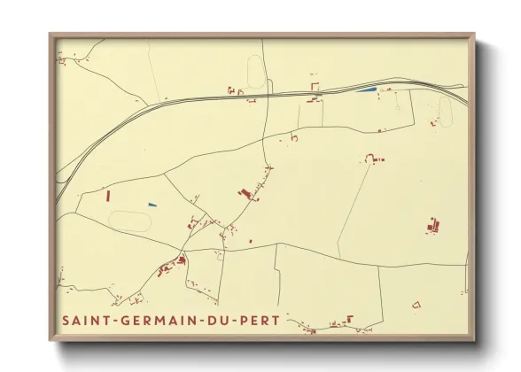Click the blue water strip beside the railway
coord(365,89)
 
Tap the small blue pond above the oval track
coord(152,205)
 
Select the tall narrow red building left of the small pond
coord(108,196)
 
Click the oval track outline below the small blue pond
coord(129,219)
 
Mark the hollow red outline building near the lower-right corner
coord(416,305)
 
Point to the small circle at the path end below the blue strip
coord(382,130)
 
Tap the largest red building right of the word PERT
coord(350,319)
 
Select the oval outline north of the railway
coord(257,70)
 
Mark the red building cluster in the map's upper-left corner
coord(61,60)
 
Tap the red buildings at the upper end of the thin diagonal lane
coord(371,159)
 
